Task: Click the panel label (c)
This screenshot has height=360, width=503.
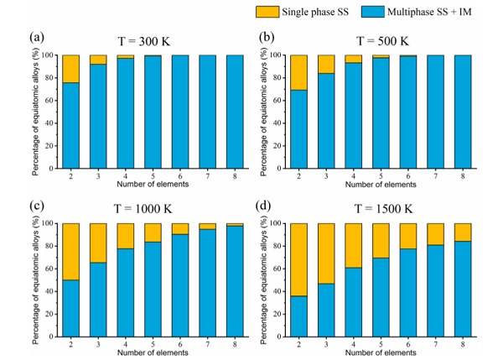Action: tap(36, 206)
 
